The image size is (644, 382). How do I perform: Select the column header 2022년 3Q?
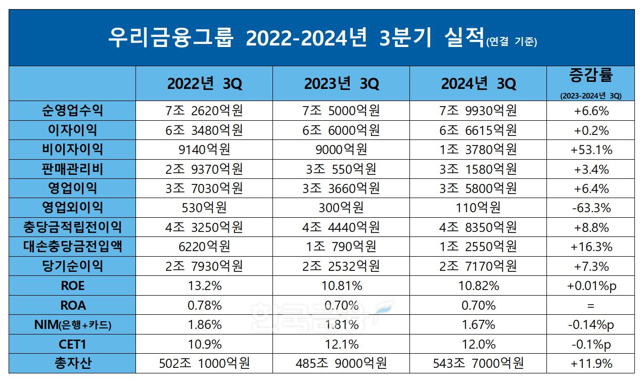point(204,84)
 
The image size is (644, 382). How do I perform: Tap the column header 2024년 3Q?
point(478,84)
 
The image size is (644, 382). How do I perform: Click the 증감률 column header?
point(591,76)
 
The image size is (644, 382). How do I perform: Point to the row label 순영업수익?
point(73,110)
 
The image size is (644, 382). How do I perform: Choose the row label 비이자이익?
point(73,149)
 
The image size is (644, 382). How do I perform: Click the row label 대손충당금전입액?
point(73,247)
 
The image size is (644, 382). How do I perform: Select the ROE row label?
point(73,285)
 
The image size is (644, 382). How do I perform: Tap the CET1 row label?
point(73,344)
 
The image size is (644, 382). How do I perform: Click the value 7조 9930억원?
point(478,110)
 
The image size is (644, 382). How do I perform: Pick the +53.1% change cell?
point(591,150)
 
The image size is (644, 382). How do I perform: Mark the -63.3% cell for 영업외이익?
point(591,208)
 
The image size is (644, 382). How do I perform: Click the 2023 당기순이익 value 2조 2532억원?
point(341,266)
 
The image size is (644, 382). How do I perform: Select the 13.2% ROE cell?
point(204,285)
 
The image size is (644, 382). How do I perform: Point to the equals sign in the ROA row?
point(591,306)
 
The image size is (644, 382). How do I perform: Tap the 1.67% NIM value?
point(478,325)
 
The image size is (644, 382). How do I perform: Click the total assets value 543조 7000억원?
point(478,363)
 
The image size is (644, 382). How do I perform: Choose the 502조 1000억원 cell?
point(204,363)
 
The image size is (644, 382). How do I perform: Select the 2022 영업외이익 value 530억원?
point(204,208)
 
